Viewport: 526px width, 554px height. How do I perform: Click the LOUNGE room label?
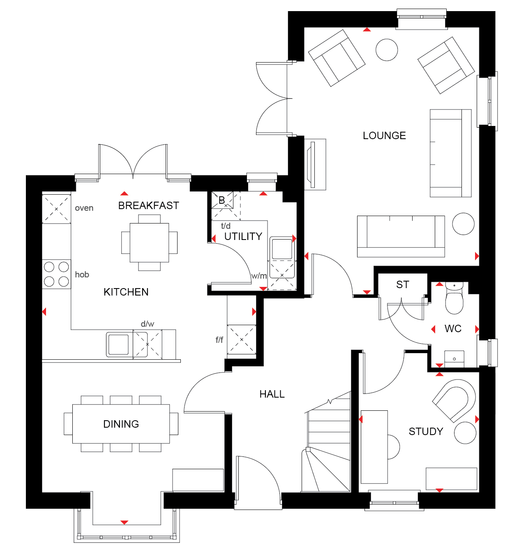pyautogui.click(x=384, y=135)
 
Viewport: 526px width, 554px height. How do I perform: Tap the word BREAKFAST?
pyautogui.click(x=148, y=205)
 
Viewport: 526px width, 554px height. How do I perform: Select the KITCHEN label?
pyautogui.click(x=126, y=292)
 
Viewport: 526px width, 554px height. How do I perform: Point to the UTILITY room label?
pyautogui.click(x=243, y=236)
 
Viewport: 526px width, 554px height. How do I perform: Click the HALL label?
pyautogui.click(x=272, y=394)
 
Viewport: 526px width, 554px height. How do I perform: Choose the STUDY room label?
pyautogui.click(x=426, y=431)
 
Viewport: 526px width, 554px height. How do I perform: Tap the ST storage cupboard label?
pyautogui.click(x=402, y=284)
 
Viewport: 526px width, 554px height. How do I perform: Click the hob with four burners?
pyautogui.click(x=56, y=274)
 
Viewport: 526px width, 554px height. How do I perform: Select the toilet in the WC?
pyautogui.click(x=454, y=298)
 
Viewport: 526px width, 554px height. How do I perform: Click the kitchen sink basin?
pyautogui.click(x=118, y=345)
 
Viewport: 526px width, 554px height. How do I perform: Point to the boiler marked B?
pyautogui.click(x=222, y=200)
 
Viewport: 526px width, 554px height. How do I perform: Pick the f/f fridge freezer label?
pyautogui.click(x=219, y=340)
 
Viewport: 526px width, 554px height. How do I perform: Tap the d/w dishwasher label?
pyautogui.click(x=147, y=324)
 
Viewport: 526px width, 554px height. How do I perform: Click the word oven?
pyautogui.click(x=84, y=208)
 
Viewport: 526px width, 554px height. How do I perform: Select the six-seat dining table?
pyautogui.click(x=121, y=424)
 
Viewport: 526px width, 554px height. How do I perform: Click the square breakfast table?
pyautogui.click(x=149, y=242)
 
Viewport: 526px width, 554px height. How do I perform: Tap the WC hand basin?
pyautogui.click(x=454, y=359)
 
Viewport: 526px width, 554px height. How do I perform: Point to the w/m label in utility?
pyautogui.click(x=258, y=276)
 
